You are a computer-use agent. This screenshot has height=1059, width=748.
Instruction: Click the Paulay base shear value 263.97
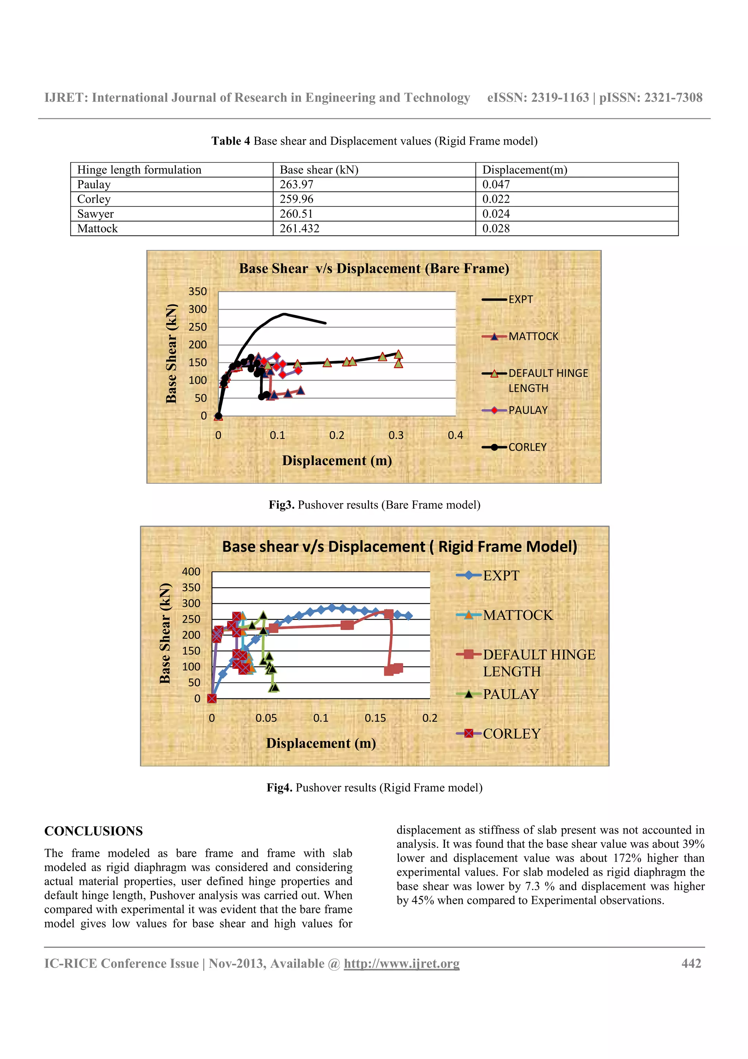296,185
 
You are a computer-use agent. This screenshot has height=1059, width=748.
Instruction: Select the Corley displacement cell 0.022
496,199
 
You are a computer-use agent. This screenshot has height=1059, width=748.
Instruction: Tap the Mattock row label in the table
97,229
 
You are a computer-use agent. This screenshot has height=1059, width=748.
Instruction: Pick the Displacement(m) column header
524,170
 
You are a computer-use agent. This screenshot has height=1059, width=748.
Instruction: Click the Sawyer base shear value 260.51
296,214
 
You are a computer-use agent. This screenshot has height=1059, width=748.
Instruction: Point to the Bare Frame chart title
374,269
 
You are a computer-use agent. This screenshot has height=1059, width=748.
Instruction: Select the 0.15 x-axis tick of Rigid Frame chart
375,718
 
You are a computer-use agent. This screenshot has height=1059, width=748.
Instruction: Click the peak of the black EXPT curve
284,314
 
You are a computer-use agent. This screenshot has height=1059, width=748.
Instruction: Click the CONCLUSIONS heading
93,831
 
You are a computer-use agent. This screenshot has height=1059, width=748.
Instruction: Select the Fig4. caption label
279,788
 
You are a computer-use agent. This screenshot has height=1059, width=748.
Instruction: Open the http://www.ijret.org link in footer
401,964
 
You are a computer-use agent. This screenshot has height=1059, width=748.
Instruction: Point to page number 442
691,964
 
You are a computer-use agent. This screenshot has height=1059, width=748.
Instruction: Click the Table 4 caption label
230,141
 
